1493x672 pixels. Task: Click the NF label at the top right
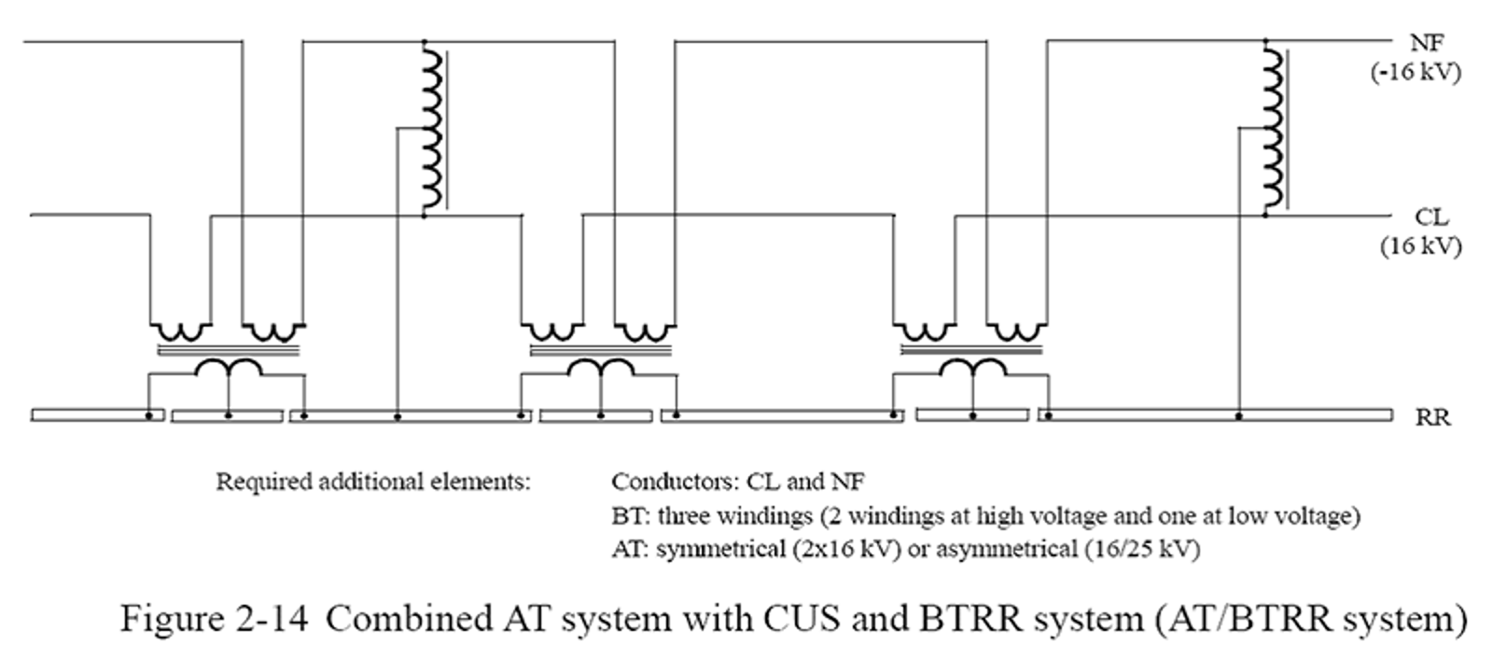pyautogui.click(x=1427, y=42)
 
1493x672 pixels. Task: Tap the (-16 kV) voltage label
pyautogui.click(x=1415, y=72)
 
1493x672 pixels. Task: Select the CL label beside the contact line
pyautogui.click(x=1430, y=217)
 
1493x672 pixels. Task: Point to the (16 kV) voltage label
pyautogui.click(x=1420, y=247)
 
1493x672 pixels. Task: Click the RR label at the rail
pyautogui.click(x=1432, y=417)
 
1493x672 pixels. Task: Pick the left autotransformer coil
pyautogui.click(x=431, y=129)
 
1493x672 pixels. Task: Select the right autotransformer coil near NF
pyautogui.click(x=1272, y=129)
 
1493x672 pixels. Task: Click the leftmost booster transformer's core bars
pyautogui.click(x=229, y=352)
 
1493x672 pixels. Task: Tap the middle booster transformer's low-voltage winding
pyautogui.click(x=601, y=368)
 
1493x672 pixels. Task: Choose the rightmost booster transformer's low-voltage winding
pyautogui.click(x=972, y=368)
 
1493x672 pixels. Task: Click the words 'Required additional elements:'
pyautogui.click(x=373, y=483)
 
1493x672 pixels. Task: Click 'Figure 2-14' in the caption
pyautogui.click(x=213, y=619)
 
